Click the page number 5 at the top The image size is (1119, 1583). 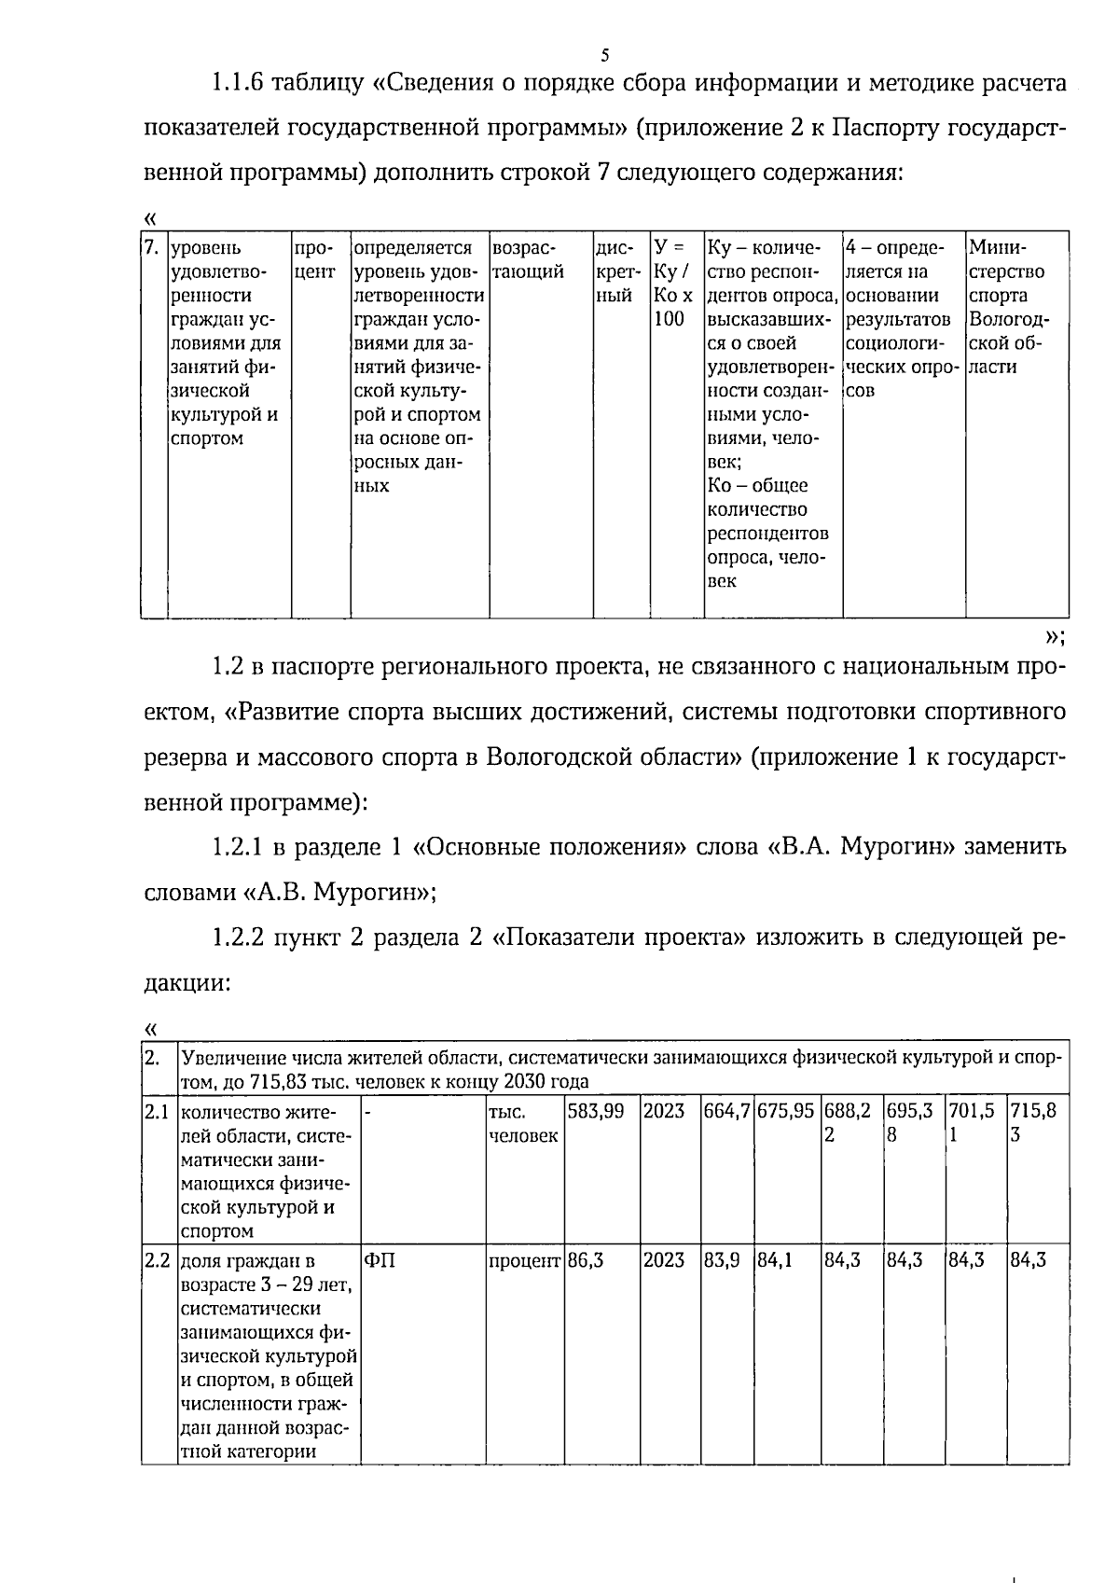(x=605, y=53)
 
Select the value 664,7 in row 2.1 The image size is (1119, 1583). (x=726, y=1111)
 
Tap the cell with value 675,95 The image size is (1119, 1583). (x=785, y=1111)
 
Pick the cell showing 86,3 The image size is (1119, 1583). (x=586, y=1260)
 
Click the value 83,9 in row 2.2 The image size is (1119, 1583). (x=721, y=1260)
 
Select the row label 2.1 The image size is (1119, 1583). (x=157, y=1111)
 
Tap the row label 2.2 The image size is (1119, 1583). (x=157, y=1260)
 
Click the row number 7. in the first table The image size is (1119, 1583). (x=153, y=248)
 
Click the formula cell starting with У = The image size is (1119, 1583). (x=672, y=284)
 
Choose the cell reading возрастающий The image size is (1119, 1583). (x=528, y=260)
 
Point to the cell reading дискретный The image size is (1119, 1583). (x=616, y=272)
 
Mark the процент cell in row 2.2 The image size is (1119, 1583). (x=524, y=1260)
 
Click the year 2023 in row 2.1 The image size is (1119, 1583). (x=663, y=1111)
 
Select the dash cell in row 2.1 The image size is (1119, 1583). (x=369, y=1111)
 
